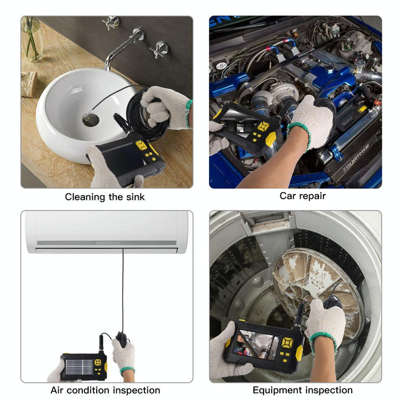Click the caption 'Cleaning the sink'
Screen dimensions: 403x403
coord(105,197)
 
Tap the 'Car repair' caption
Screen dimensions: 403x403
coord(302,196)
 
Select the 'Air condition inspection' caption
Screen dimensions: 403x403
coord(105,390)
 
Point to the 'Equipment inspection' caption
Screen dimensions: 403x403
coord(302,390)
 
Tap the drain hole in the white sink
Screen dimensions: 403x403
coord(90,119)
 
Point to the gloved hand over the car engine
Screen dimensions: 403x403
coord(311,121)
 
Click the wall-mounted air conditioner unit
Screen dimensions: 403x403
coord(107,231)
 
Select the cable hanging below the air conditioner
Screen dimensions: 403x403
coord(122,288)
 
